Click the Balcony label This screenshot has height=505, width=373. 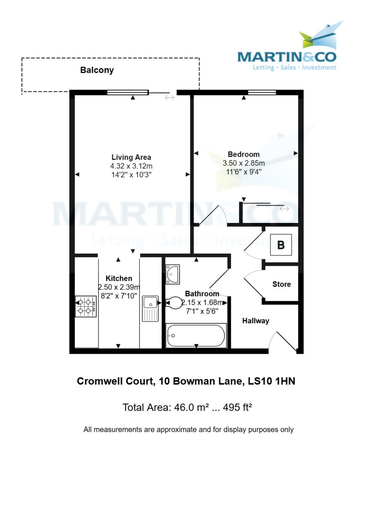click(97, 70)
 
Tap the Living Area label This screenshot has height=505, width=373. click(131, 158)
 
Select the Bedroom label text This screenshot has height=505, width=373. click(243, 154)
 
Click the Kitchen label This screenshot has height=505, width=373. click(119, 279)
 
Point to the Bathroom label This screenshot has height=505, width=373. click(202, 294)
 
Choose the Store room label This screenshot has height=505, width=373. click(281, 284)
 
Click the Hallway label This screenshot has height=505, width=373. click(256, 321)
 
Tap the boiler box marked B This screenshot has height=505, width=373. click(281, 245)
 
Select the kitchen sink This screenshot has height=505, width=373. click(150, 308)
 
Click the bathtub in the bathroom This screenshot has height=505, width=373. click(196, 335)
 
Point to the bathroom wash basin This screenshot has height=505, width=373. click(173, 274)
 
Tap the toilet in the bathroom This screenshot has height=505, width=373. click(173, 302)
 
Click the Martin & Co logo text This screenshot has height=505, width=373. click(287, 57)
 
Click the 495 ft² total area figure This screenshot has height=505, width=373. click(236, 407)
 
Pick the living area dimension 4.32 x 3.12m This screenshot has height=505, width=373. click(131, 166)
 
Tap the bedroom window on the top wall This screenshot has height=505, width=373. click(262, 93)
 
